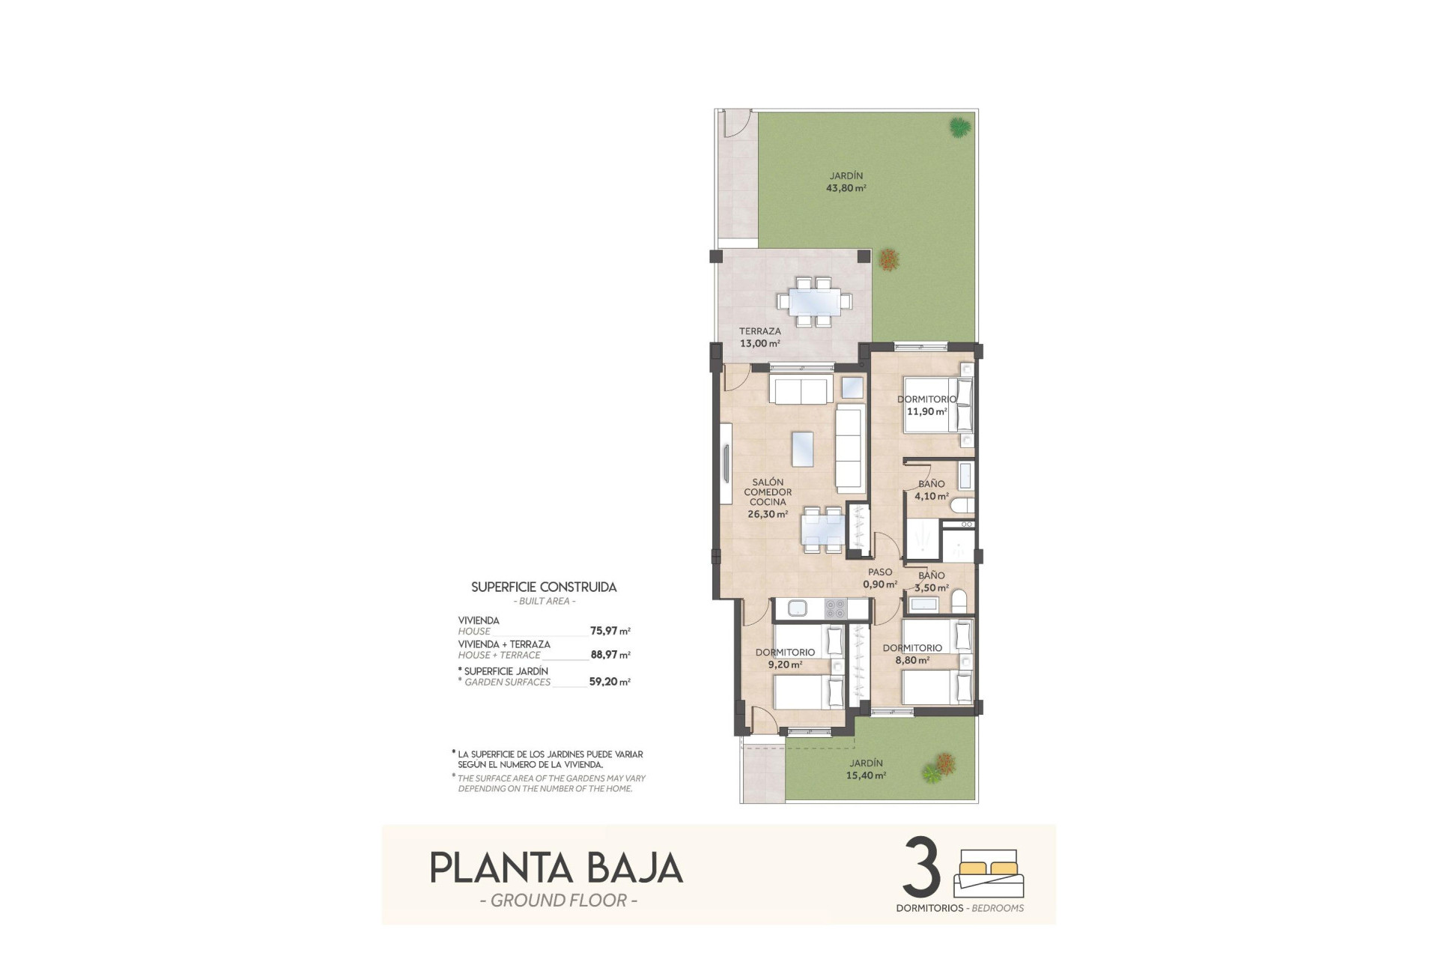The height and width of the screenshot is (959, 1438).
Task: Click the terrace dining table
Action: pyautogui.click(x=814, y=302)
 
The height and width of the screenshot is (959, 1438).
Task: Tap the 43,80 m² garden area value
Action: pyautogui.click(x=846, y=189)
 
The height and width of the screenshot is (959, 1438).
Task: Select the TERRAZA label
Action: pyautogui.click(x=759, y=331)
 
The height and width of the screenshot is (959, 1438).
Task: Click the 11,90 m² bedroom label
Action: pyautogui.click(x=926, y=405)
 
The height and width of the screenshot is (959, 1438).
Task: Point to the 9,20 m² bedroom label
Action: pyautogui.click(x=785, y=658)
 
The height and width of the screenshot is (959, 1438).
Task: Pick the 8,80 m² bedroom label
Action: pyautogui.click(x=912, y=654)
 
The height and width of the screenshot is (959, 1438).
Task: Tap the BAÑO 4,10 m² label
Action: pyautogui.click(x=932, y=490)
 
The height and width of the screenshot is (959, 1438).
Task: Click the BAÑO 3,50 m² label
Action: pyautogui.click(x=932, y=581)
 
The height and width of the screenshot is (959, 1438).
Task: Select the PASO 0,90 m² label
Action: pyautogui.click(x=880, y=578)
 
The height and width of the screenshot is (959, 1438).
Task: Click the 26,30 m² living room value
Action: pyautogui.click(x=767, y=515)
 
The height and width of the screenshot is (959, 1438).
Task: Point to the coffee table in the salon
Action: pyautogui.click(x=802, y=449)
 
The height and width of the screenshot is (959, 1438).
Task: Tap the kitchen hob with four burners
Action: pyautogui.click(x=835, y=608)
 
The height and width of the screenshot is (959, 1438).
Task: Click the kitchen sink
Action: pyautogui.click(x=797, y=608)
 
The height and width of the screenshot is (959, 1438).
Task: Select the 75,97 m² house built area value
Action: pyautogui.click(x=610, y=631)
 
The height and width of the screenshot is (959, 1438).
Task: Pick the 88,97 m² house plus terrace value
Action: pyautogui.click(x=610, y=655)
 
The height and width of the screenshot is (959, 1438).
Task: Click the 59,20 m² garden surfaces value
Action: pyautogui.click(x=610, y=682)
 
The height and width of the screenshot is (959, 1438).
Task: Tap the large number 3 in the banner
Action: pyautogui.click(x=921, y=867)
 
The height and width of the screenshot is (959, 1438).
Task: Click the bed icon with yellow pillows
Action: pyautogui.click(x=989, y=873)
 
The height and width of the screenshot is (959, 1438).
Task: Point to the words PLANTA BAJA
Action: pyautogui.click(x=556, y=868)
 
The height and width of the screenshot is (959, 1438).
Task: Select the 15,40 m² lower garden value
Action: pyautogui.click(x=867, y=775)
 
